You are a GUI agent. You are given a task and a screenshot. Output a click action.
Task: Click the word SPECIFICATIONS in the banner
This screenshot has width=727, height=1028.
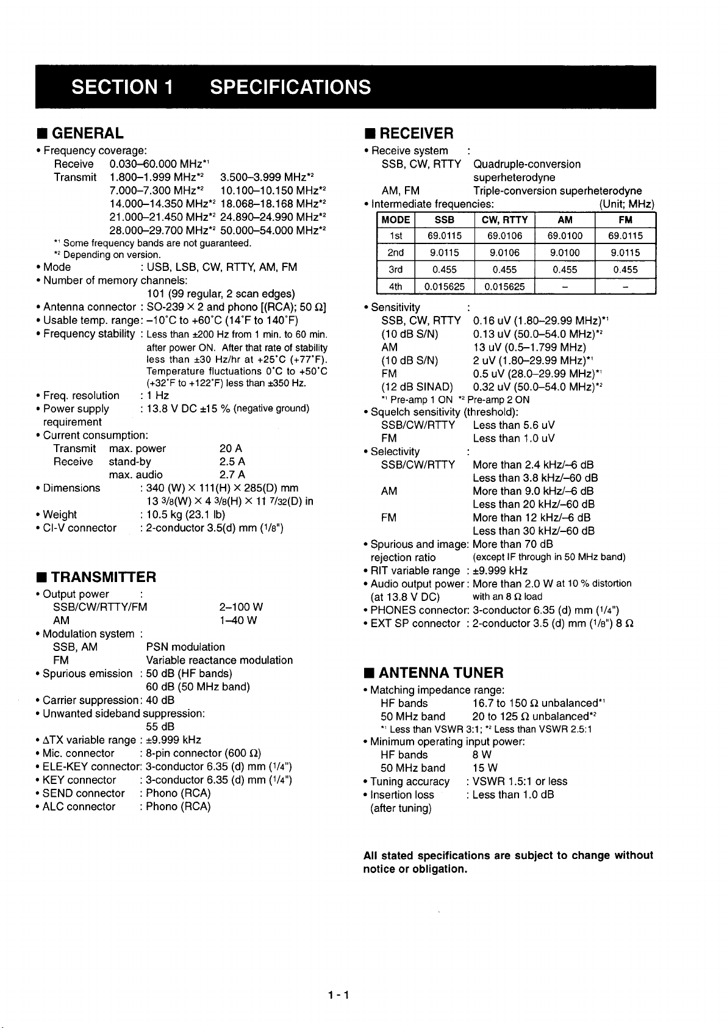point(290,87)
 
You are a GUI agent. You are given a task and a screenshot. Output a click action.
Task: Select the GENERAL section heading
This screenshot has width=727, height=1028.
point(87,133)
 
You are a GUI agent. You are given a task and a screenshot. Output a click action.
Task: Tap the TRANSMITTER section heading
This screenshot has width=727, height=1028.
point(103,577)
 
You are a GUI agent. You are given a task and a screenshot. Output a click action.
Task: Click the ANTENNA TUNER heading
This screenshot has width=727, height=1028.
point(441,673)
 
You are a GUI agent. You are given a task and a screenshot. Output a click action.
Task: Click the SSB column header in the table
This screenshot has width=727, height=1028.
point(444,220)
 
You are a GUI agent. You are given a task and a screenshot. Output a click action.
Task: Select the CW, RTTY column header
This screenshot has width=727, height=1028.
point(504,220)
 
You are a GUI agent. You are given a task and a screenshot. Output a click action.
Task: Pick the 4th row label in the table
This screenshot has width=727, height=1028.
point(396,286)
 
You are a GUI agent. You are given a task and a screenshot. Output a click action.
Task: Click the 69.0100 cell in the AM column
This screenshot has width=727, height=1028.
point(565,236)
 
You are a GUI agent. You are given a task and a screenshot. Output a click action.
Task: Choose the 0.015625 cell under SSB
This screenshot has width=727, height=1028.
point(444,286)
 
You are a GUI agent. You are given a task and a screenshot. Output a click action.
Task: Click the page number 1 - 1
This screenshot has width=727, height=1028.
point(337,995)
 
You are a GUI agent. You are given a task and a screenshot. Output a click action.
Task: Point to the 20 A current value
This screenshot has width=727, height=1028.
point(231,448)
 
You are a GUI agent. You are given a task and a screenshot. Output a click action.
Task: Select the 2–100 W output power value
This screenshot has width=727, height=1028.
point(240,607)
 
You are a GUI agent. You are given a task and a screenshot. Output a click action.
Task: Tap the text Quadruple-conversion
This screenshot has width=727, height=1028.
point(527,164)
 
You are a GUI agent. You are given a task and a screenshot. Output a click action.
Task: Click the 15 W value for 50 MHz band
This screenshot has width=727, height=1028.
point(484,767)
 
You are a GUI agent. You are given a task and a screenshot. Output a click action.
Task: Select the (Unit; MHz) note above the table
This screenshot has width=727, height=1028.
point(626,204)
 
